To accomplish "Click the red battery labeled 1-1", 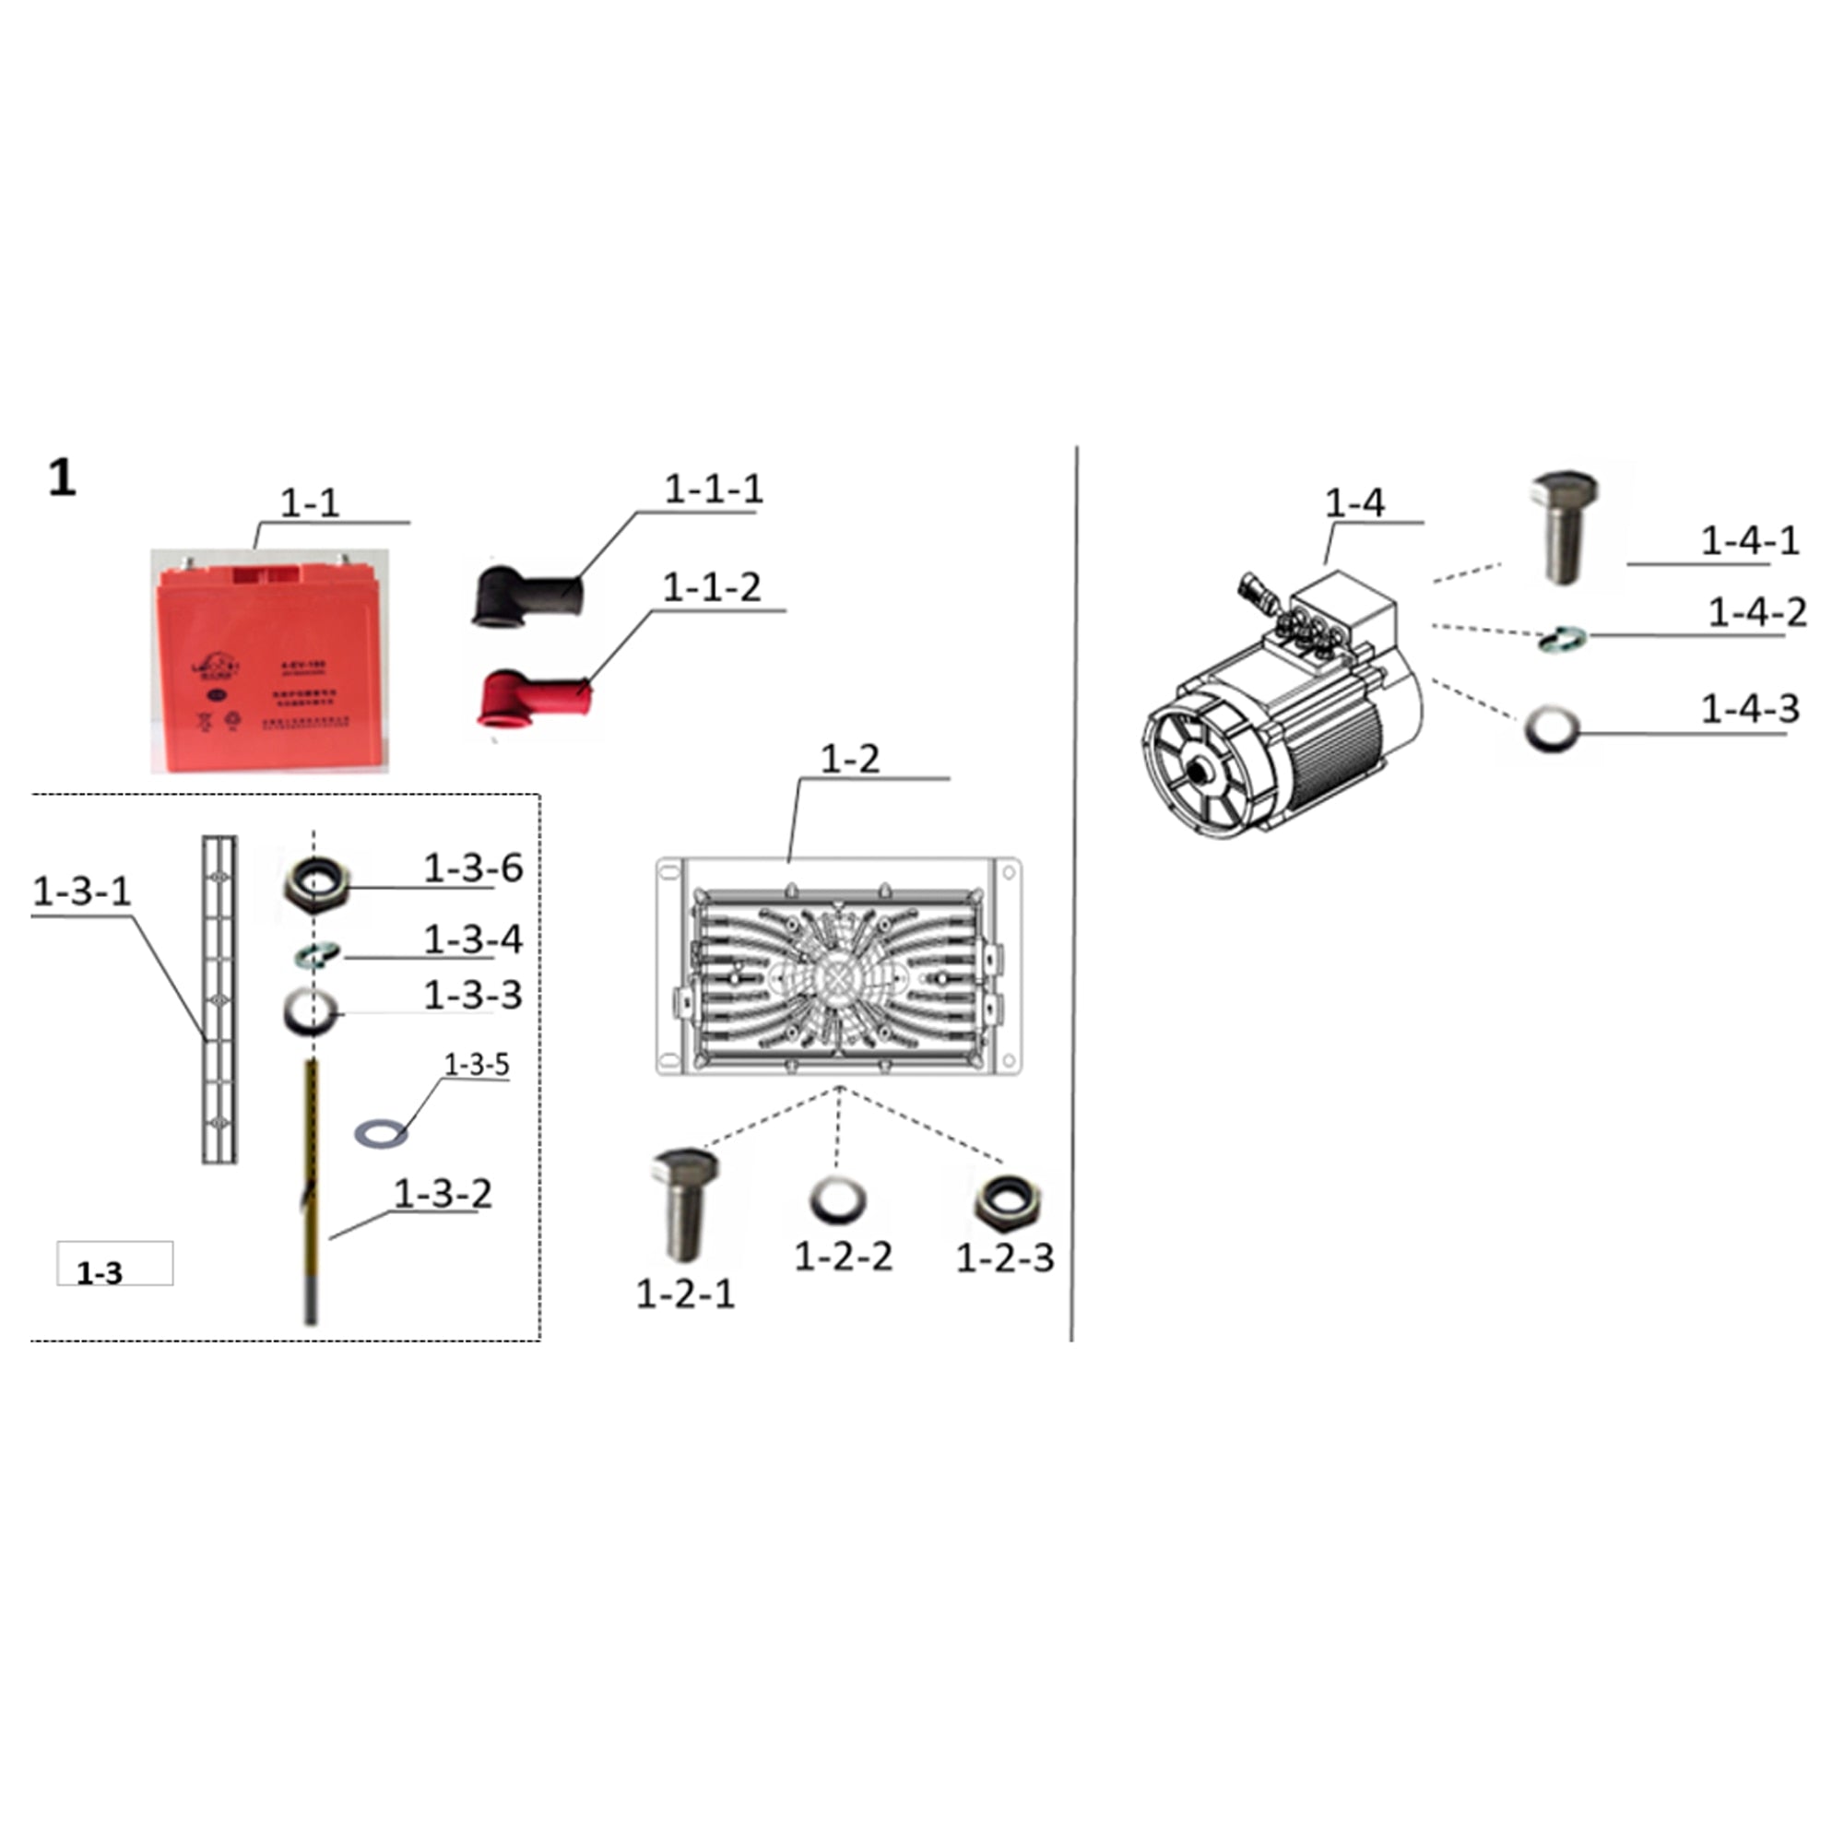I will coord(270,660).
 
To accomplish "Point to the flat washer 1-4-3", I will coord(1552,730).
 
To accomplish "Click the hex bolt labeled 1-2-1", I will coord(684,1202).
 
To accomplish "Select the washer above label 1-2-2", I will coord(838,1200).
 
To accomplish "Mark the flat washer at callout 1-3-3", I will coord(310,1011).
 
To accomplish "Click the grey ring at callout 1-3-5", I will coord(381,1133).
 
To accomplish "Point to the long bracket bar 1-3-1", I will coord(219,999).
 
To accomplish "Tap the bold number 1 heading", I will coord(62,478).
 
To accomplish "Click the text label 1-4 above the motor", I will coord(1353,503).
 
